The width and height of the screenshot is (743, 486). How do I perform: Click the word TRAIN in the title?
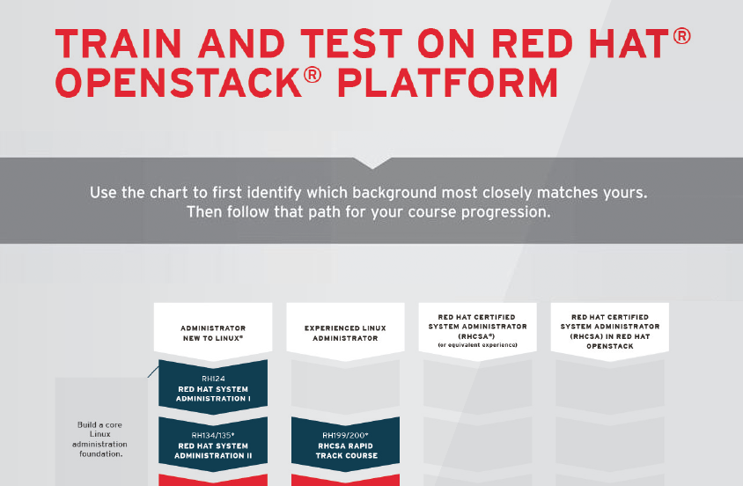pyautogui.click(x=119, y=43)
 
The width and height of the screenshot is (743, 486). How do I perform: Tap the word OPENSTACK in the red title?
pyautogui.click(x=179, y=83)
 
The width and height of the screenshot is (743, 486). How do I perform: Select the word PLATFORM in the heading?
pyautogui.click(x=448, y=83)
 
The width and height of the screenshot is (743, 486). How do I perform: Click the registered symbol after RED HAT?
pyautogui.click(x=681, y=36)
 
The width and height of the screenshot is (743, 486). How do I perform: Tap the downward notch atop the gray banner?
pyautogui.click(x=372, y=163)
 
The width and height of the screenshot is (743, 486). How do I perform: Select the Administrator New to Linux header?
pyautogui.click(x=213, y=333)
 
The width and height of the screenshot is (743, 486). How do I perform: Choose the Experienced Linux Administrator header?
pyautogui.click(x=345, y=333)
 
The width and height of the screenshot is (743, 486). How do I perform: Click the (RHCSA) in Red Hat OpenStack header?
pyautogui.click(x=610, y=332)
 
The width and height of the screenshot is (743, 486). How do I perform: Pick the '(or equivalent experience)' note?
pyautogui.click(x=478, y=345)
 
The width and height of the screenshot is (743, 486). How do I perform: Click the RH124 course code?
pyautogui.click(x=213, y=379)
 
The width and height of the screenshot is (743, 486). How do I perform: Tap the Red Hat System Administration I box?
pyautogui.click(x=213, y=387)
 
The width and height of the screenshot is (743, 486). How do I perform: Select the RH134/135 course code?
pyautogui.click(x=213, y=435)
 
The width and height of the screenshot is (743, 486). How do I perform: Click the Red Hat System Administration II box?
pyautogui.click(x=213, y=445)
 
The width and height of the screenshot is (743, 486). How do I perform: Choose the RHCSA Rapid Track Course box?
pyautogui.click(x=345, y=445)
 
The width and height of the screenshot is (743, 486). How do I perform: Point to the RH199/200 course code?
pyautogui.click(x=345, y=435)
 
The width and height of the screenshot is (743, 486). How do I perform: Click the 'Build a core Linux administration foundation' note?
pyautogui.click(x=100, y=439)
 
